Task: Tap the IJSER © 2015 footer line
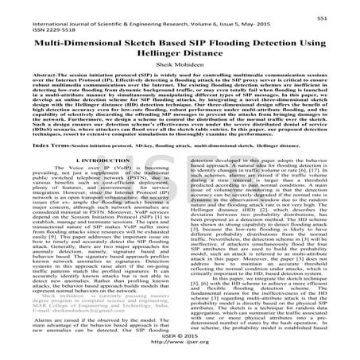[180, 344]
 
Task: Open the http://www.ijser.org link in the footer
[180, 352]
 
